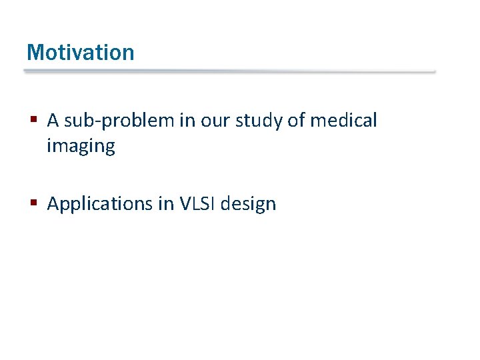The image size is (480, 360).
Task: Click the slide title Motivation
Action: [80, 52]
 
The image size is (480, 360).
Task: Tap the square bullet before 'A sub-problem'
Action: [33, 121]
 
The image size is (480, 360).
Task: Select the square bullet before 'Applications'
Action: [33, 204]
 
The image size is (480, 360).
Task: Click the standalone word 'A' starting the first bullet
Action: [53, 121]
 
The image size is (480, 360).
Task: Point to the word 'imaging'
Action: [81, 147]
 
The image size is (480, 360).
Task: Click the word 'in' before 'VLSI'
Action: [167, 203]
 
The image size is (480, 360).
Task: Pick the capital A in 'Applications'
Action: [53, 203]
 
